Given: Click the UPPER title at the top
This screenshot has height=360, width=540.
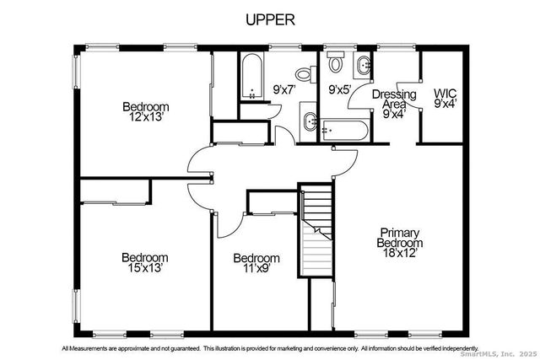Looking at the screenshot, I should click(x=270, y=19).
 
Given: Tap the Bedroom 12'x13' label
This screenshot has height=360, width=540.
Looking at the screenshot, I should click(x=145, y=112).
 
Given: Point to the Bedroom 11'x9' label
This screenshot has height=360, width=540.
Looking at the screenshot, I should click(x=256, y=263).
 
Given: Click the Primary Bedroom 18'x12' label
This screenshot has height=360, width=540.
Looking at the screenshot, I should click(x=399, y=242).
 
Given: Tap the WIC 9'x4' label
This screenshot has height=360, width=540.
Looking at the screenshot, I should click(x=445, y=99).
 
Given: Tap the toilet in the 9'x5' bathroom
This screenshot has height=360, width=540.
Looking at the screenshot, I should click(x=335, y=63).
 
